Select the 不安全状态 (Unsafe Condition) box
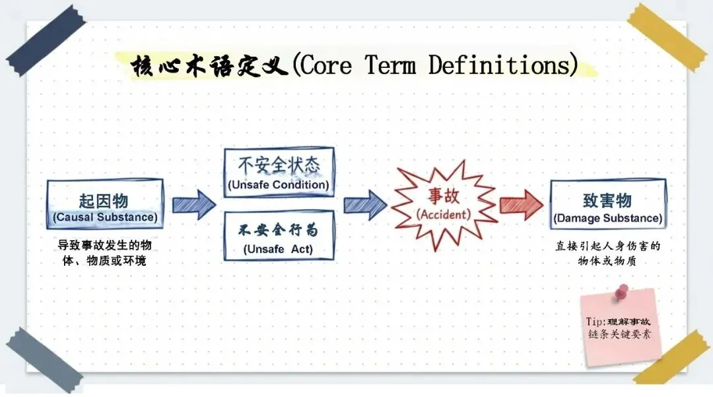279,172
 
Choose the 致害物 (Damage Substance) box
607,204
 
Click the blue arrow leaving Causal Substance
193,204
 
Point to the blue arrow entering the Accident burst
365,204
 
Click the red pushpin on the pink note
621,291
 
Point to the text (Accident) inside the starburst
444,214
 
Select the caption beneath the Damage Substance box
607,253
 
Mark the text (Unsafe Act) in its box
278,249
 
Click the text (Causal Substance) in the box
105,217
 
